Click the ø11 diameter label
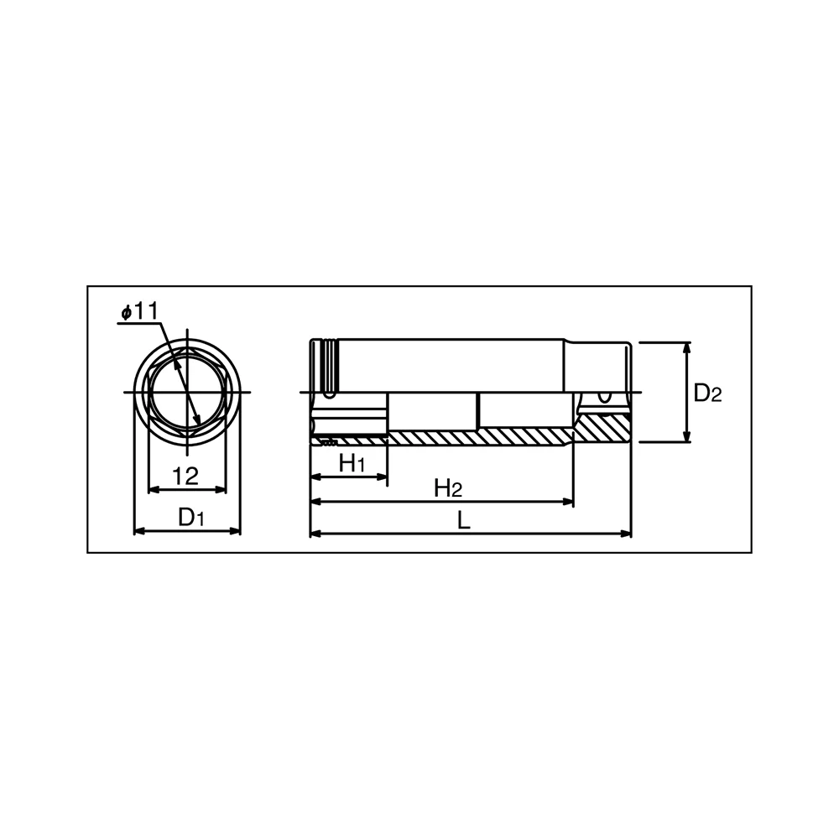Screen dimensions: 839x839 tap(140, 311)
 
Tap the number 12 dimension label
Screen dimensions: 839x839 tap(185, 476)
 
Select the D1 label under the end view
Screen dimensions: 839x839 tap(191, 517)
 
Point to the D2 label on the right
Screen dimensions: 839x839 tap(708, 393)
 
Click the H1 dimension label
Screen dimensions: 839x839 tap(352, 463)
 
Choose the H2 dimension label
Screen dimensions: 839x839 tap(448, 488)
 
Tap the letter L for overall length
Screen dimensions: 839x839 tap(463, 520)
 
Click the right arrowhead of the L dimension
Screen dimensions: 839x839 tap(626, 534)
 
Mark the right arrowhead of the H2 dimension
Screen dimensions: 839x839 tap(567, 502)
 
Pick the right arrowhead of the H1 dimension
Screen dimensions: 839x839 tap(381, 477)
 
